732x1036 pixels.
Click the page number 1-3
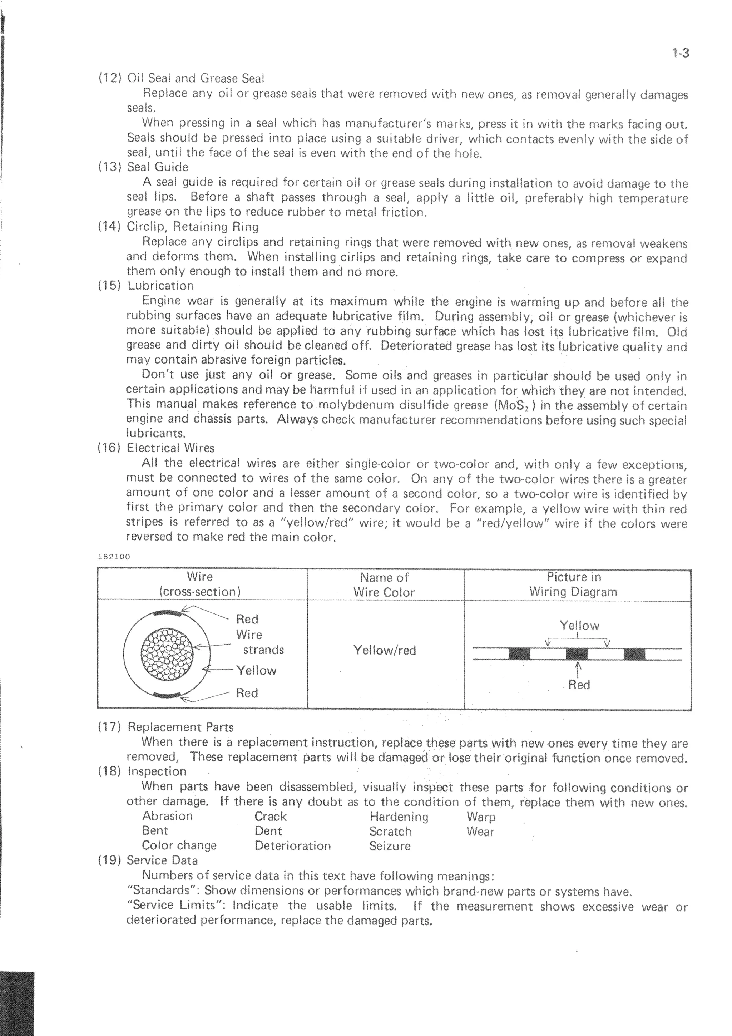(680, 53)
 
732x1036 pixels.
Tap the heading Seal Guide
(157, 167)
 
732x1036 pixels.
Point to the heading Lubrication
(160, 286)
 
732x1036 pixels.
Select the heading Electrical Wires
(170, 448)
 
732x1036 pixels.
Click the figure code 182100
(114, 557)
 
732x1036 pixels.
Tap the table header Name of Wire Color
(384, 585)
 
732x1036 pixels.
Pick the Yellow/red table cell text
(384, 650)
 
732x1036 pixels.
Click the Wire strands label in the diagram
(260, 642)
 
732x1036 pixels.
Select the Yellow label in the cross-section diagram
(256, 671)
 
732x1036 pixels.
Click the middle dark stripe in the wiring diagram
(577, 654)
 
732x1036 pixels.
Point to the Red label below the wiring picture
(579, 685)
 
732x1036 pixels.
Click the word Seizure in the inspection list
(390, 846)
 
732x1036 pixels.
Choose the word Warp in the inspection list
(481, 817)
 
